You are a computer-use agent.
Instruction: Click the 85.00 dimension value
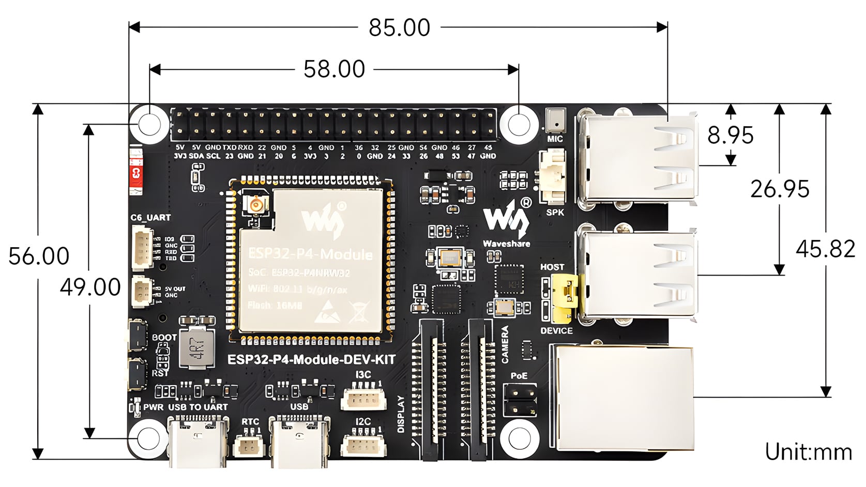click(399, 28)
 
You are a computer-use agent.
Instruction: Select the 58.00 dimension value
click(334, 69)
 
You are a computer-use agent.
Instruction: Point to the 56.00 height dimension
click(39, 256)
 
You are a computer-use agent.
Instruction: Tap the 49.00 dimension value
click(90, 287)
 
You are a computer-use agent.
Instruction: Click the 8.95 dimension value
click(731, 135)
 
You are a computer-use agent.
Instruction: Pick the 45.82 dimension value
click(825, 249)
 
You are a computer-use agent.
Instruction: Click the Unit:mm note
click(808, 452)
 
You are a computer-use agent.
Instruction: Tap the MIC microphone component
click(555, 121)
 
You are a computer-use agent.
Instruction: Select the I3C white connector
click(362, 399)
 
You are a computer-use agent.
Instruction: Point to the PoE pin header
click(520, 400)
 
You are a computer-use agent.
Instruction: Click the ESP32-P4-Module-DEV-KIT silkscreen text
click(311, 360)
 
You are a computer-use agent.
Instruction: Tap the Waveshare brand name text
click(506, 243)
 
